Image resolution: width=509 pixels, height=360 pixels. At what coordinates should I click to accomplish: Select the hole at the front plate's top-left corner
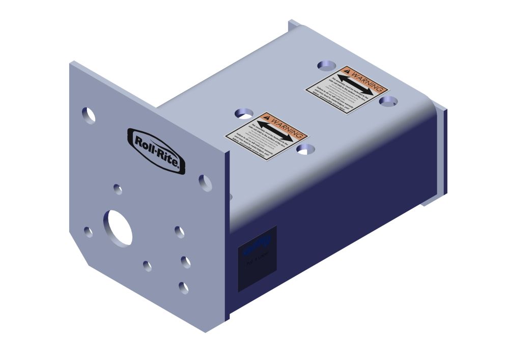click(x=89, y=116)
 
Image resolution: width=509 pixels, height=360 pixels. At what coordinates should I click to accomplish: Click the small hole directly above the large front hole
click(x=118, y=189)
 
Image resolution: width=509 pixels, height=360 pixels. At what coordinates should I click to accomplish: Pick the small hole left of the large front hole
click(x=89, y=232)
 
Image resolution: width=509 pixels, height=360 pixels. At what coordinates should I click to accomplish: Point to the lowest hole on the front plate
click(x=183, y=288)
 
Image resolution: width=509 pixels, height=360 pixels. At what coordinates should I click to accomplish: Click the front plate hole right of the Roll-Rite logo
click(x=206, y=182)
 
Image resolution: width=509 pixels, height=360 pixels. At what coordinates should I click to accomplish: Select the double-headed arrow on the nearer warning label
click(x=275, y=131)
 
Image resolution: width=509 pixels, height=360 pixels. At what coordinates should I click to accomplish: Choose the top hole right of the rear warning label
click(x=388, y=101)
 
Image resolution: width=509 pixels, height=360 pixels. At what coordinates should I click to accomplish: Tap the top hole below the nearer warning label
click(x=306, y=149)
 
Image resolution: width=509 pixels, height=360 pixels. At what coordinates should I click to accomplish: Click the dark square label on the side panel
click(x=258, y=258)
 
